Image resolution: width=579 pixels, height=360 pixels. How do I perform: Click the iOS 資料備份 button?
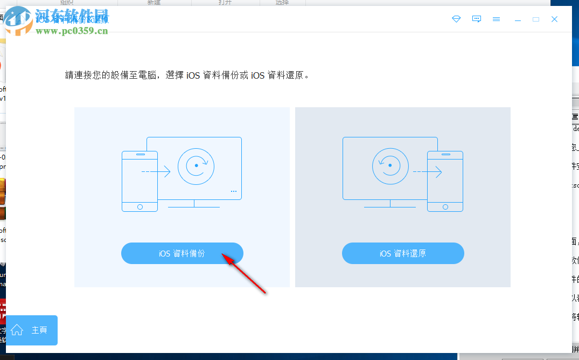coord(182,253)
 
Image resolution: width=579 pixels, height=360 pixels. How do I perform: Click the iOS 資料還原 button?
coord(402,253)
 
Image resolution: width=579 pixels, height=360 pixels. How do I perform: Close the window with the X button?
coord(554,19)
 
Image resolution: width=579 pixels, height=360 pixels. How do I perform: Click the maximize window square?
coord(535,19)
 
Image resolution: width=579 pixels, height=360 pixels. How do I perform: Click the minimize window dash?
coord(518,19)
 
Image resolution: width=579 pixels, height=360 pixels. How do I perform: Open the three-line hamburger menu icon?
coord(496,19)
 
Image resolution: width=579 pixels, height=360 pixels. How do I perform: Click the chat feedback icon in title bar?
coord(476,19)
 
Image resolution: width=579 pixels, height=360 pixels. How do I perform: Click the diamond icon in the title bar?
coord(456,19)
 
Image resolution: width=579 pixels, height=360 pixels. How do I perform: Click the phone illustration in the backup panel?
coord(139,181)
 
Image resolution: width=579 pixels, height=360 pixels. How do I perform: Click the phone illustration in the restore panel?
coord(445,181)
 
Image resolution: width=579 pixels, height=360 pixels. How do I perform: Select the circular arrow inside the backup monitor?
coord(196,165)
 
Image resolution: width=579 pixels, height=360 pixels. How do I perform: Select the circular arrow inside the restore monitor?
coord(389,165)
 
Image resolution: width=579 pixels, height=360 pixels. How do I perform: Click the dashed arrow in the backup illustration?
coord(156,172)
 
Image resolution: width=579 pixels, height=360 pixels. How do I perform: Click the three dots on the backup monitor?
coord(233,191)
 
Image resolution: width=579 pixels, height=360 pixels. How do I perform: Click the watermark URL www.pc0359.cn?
coord(72,31)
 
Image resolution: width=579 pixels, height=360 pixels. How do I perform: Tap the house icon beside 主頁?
coord(17,330)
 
